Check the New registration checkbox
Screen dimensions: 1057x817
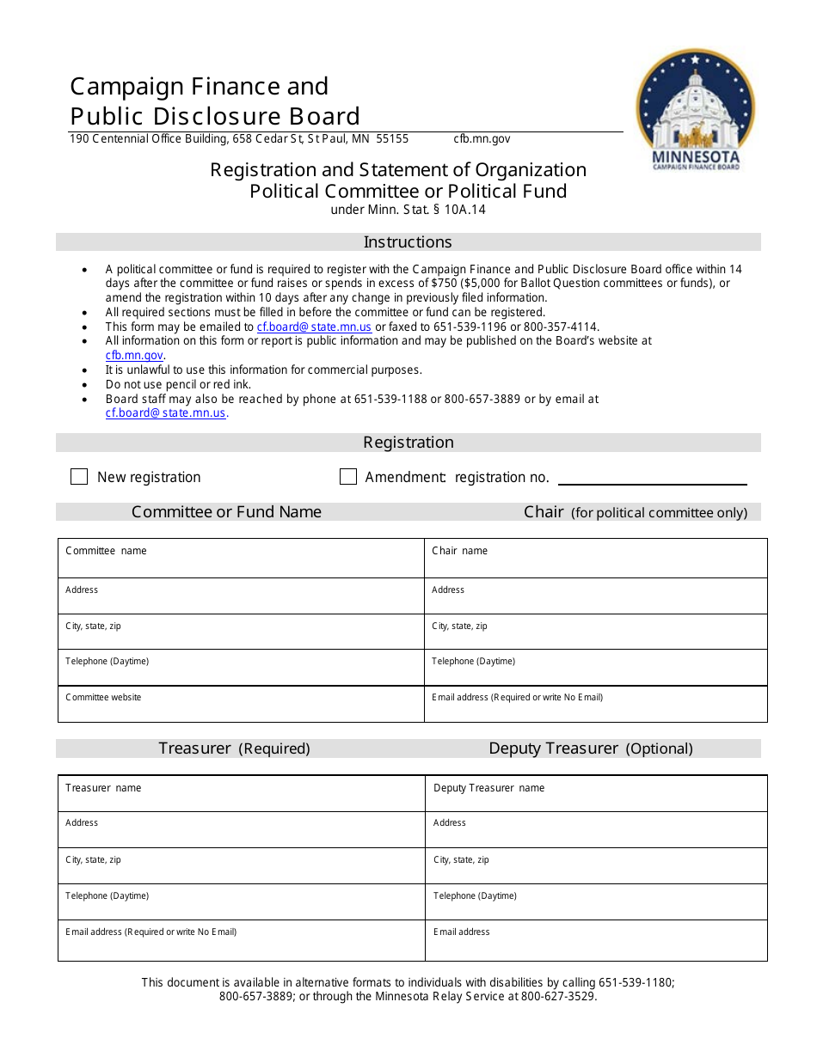coord(79,477)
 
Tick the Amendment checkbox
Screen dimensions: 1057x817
coord(348,477)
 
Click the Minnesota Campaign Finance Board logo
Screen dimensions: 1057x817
coord(695,107)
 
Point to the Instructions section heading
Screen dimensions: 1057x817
coord(408,242)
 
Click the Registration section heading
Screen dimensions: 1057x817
coord(408,443)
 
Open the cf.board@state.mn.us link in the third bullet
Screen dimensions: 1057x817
coord(314,327)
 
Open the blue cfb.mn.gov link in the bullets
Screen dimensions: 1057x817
coord(134,356)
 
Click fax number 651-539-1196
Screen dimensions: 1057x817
coord(474,327)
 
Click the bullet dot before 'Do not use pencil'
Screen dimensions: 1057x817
coord(84,385)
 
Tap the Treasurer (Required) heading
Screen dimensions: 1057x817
coord(234,748)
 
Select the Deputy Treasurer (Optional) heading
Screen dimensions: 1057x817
coord(590,748)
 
